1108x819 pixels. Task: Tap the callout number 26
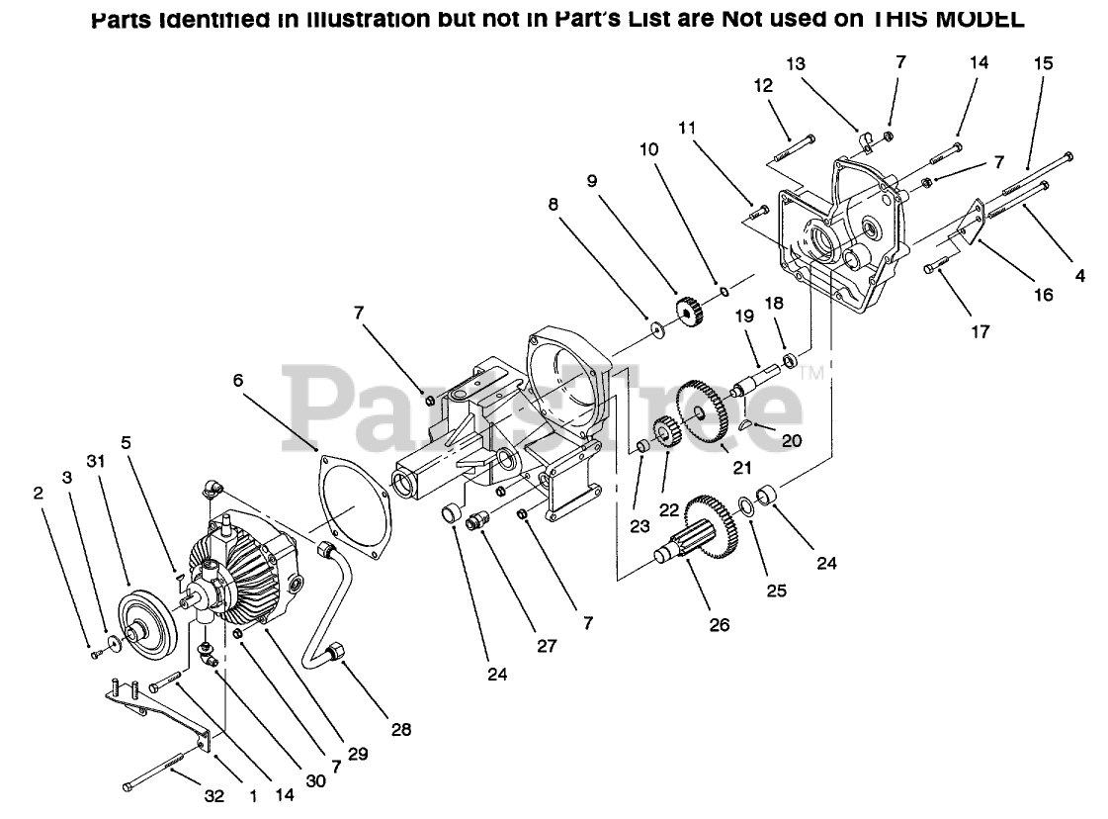[x=720, y=624]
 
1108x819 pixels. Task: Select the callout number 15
[x=1043, y=62]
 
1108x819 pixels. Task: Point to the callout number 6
[x=237, y=379]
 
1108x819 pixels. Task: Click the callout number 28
[x=400, y=730]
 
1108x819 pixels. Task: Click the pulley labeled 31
[x=144, y=621]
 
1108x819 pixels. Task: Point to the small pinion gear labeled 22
[x=668, y=432]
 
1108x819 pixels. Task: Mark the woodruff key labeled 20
[x=748, y=424]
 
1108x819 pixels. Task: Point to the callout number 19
[x=743, y=317]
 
